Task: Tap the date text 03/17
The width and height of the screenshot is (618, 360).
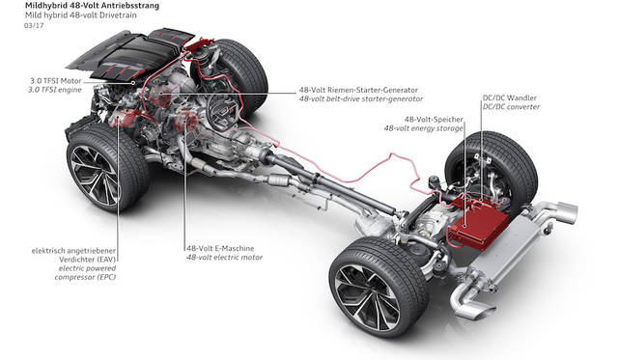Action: (34, 26)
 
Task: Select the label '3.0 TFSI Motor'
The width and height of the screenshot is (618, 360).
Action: (56, 81)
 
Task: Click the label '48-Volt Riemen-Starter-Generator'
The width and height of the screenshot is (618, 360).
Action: (358, 90)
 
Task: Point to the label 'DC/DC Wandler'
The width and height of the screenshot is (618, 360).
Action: (510, 97)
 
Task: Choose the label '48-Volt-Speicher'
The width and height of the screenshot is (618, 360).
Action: (434, 120)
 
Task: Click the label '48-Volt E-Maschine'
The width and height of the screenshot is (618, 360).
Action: (220, 249)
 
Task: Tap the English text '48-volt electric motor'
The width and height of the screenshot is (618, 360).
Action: (224, 258)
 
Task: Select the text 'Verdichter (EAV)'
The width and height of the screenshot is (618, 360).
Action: (88, 260)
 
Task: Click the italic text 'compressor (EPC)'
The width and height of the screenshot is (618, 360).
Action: (86, 277)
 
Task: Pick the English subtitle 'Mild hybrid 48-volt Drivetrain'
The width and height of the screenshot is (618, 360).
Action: (80, 15)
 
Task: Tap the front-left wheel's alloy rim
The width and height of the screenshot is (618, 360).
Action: (94, 176)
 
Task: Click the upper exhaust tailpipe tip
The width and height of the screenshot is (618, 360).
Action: (567, 211)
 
